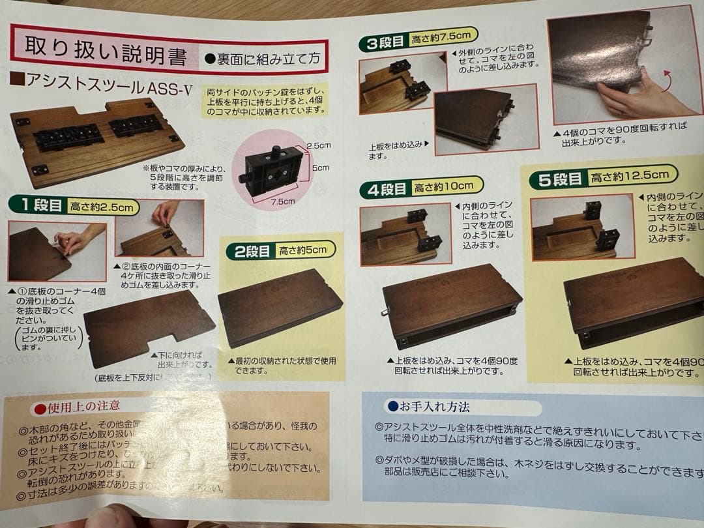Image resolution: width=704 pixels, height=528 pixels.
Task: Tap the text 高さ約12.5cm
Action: (630, 175)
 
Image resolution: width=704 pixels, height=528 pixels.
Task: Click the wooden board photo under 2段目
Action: (280, 306)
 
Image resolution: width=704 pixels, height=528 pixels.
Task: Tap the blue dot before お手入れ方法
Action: (392, 406)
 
